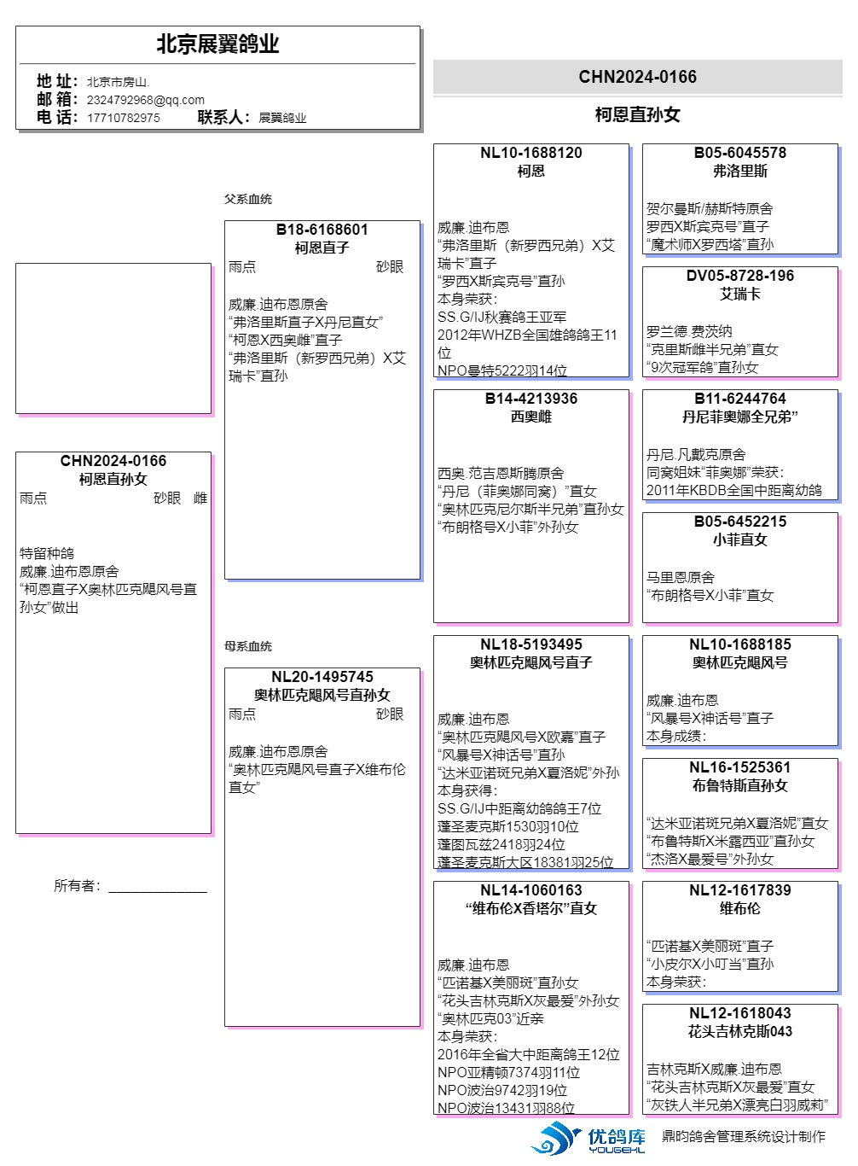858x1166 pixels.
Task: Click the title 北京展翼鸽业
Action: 217,44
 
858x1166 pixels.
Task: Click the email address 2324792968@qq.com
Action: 146,100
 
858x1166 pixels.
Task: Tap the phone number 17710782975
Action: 123,118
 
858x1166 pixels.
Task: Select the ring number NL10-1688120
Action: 531,153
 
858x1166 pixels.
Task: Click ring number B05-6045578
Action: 740,153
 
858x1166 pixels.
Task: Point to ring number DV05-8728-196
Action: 740,276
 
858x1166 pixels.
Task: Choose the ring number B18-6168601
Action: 322,230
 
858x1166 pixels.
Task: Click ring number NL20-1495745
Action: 322,677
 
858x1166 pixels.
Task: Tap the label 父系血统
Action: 248,199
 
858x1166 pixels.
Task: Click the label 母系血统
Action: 248,646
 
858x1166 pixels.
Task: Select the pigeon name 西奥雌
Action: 531,417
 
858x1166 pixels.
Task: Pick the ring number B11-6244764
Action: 740,399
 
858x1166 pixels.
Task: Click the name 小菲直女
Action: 740,539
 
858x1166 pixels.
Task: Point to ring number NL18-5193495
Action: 531,644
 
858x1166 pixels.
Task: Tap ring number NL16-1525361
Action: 740,767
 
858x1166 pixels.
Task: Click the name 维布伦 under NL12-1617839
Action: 740,908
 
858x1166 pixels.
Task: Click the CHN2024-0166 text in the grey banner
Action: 637,77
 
